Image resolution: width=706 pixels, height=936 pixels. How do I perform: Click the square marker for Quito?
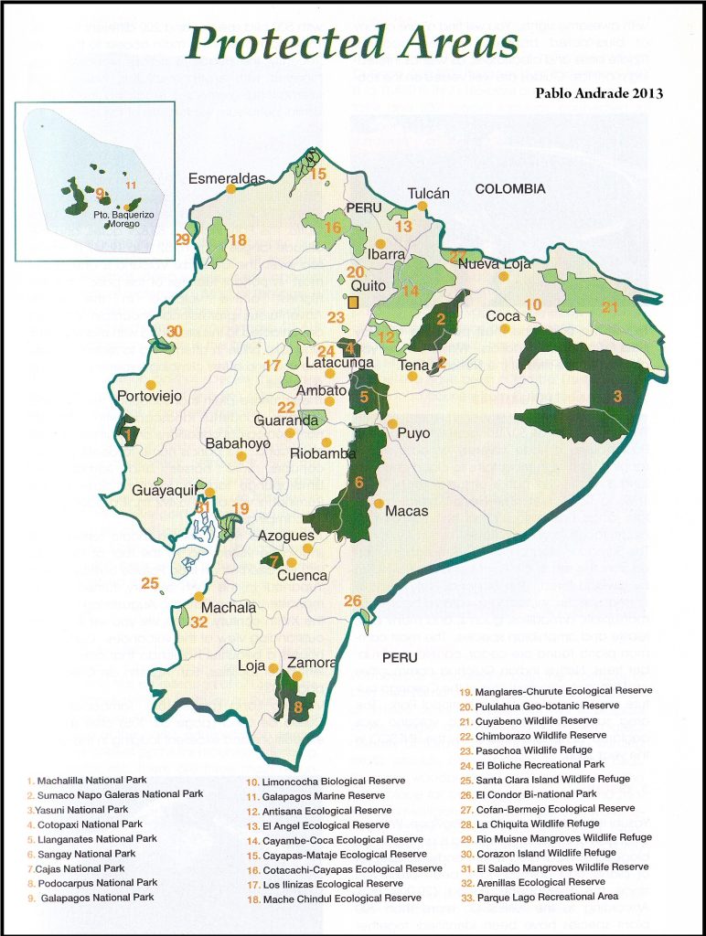(x=354, y=302)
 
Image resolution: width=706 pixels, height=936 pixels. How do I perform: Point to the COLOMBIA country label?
(x=510, y=189)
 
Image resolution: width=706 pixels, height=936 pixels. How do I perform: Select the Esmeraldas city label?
(x=226, y=178)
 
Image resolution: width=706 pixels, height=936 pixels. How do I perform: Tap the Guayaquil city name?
(x=165, y=491)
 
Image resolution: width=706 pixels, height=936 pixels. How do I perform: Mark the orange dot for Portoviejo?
(x=152, y=384)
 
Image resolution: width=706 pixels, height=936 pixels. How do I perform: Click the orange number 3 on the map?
(x=617, y=396)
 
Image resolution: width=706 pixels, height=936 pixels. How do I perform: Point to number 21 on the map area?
(x=610, y=307)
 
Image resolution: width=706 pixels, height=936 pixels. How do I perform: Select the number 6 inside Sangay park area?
(x=359, y=482)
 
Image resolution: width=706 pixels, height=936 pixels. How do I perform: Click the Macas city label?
(x=406, y=512)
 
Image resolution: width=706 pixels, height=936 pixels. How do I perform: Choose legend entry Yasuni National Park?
(x=80, y=810)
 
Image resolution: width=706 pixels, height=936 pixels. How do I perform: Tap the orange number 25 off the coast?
(x=150, y=582)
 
